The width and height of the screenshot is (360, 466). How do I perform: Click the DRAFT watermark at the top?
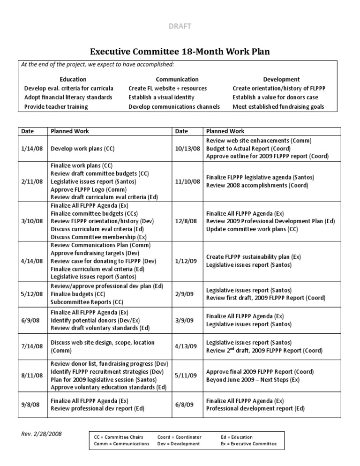pyautogui.click(x=180, y=26)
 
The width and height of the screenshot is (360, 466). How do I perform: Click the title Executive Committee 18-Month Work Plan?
pyautogui.click(x=180, y=51)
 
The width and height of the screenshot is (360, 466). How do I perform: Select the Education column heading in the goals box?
pyautogui.click(x=73, y=79)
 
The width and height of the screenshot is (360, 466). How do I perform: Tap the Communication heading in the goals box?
pyautogui.click(x=177, y=79)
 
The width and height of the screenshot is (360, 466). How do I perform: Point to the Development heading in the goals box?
pyautogui.click(x=281, y=79)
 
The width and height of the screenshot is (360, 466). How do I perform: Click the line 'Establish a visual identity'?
pyautogui.click(x=161, y=98)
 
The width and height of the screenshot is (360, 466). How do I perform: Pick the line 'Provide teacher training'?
pyautogui.click(x=56, y=107)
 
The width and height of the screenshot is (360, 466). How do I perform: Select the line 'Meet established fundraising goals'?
pyautogui.click(x=278, y=107)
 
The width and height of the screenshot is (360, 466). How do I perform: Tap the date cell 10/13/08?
pyautogui.click(x=188, y=149)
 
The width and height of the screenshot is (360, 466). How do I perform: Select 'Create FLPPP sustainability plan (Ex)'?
pyautogui.click(x=254, y=257)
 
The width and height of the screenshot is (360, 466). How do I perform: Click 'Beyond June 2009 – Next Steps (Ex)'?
pyautogui.click(x=253, y=380)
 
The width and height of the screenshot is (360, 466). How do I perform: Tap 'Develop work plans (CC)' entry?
pyautogui.click(x=82, y=149)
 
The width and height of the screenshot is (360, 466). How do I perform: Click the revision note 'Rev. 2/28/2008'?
pyautogui.click(x=41, y=434)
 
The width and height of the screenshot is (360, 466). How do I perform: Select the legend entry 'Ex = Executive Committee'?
pyautogui.click(x=248, y=443)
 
